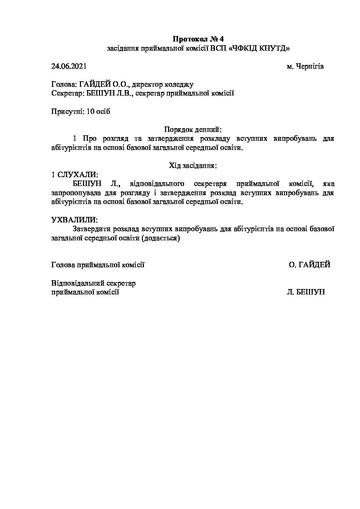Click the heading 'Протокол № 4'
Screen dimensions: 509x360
(199, 38)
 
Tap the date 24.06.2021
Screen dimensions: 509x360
(69, 66)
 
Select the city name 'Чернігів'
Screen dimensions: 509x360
(309, 66)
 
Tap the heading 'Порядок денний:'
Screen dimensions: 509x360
(193, 130)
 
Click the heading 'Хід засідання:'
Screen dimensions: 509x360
(193, 166)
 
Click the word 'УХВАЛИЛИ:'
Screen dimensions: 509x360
(74, 220)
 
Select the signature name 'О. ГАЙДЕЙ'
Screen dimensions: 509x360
(309, 265)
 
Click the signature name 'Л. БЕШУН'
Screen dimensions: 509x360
(306, 292)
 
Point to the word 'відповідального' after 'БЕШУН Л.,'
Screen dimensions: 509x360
(157, 184)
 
